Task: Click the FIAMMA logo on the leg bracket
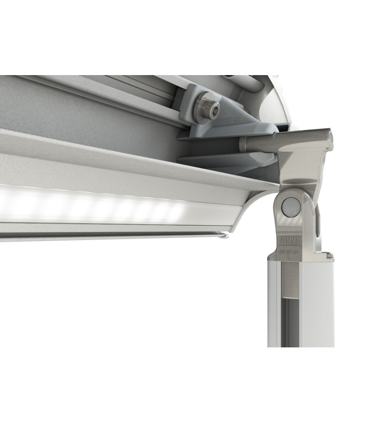tap(290, 242)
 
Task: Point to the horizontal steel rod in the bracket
tap(259, 143)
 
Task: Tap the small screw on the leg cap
tap(329, 255)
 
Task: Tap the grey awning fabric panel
tap(79, 111)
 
